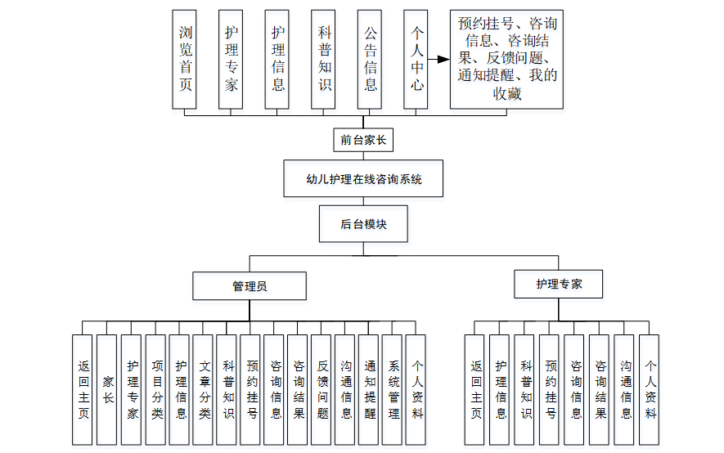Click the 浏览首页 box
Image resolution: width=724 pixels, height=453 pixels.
pos(185,59)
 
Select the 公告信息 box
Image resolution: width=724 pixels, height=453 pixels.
pos(371,59)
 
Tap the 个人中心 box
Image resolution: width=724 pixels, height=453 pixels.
pos(416,59)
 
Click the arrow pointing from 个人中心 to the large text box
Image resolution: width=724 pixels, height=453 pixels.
pos(439,60)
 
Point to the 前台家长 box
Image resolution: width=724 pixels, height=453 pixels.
pos(363,141)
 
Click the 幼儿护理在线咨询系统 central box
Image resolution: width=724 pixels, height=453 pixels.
pos(363,179)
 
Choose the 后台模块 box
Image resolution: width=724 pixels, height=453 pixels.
pos(363,223)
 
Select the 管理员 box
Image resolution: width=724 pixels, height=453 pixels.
pos(250,286)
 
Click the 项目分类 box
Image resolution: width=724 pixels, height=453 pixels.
pos(156,389)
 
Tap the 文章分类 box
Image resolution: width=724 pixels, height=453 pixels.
pos(204,389)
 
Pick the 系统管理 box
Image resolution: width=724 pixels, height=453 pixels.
pos(393,389)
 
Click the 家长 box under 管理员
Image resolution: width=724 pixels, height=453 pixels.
pos(107,389)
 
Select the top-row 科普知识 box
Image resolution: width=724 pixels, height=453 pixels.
pos(324,59)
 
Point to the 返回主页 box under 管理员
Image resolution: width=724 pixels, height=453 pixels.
pos(83,389)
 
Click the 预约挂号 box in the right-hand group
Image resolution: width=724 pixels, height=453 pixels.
pos(550,389)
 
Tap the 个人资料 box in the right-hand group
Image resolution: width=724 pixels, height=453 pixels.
pos(650,389)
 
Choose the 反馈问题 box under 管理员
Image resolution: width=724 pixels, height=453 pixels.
pos(322,389)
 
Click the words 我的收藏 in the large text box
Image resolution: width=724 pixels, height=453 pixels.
pos(524,85)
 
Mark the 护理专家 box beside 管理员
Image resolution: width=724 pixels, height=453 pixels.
pos(560,285)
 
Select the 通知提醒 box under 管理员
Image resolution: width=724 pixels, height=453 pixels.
pos(370,389)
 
